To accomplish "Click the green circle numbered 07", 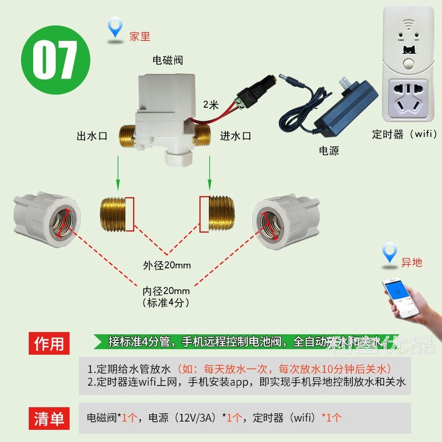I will click(x=55, y=61).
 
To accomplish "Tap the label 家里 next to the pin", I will click(x=140, y=37).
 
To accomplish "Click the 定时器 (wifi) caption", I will click(x=404, y=134).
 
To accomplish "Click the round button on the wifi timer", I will click(x=408, y=62).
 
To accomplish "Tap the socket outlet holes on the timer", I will click(x=408, y=98).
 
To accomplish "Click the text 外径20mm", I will click(x=167, y=266).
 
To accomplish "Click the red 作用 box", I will click(x=50, y=344).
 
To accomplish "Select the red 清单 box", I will click(x=50, y=418).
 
